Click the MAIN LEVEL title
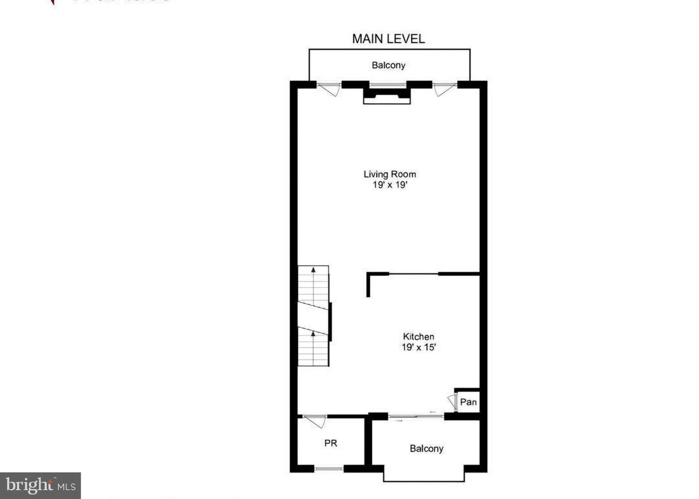[388, 39]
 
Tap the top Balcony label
[388, 65]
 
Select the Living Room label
[390, 174]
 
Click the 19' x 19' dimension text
[390, 185]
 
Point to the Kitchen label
[418, 336]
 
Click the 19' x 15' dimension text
[418, 347]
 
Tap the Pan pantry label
[468, 402]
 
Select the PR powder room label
[331, 443]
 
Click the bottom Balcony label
[426, 449]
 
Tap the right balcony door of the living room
[444, 89]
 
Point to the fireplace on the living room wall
[387, 94]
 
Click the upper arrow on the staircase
[313, 269]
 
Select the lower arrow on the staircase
[313, 334]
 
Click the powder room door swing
[315, 421]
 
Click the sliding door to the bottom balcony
[416, 416]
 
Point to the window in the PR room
[329, 468]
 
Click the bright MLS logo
[40, 485]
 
